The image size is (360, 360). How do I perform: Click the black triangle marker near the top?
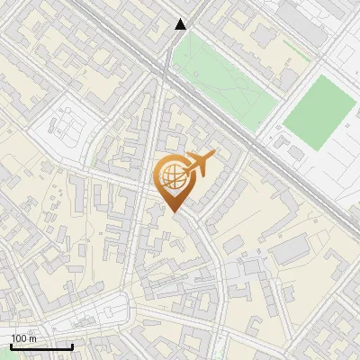tap(181, 24)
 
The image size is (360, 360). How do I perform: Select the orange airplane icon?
tap(198, 165)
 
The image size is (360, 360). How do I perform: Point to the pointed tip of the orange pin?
tap(174, 212)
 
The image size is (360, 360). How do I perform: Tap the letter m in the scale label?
tap(33, 338)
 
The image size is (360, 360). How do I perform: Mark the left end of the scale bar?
tap(11, 346)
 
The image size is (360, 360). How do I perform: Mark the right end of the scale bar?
tap(72, 346)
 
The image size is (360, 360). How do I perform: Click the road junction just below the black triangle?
tap(169, 65)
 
